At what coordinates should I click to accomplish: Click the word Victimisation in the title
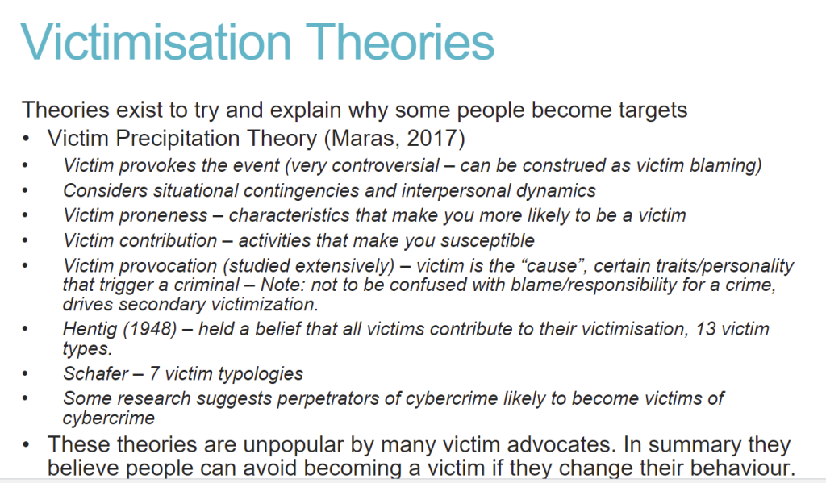(x=156, y=42)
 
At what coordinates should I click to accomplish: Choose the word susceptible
(x=488, y=241)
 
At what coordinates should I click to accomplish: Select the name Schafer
(x=95, y=373)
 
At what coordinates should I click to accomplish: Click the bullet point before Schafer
(x=25, y=374)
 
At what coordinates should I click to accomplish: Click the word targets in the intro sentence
(x=653, y=110)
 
